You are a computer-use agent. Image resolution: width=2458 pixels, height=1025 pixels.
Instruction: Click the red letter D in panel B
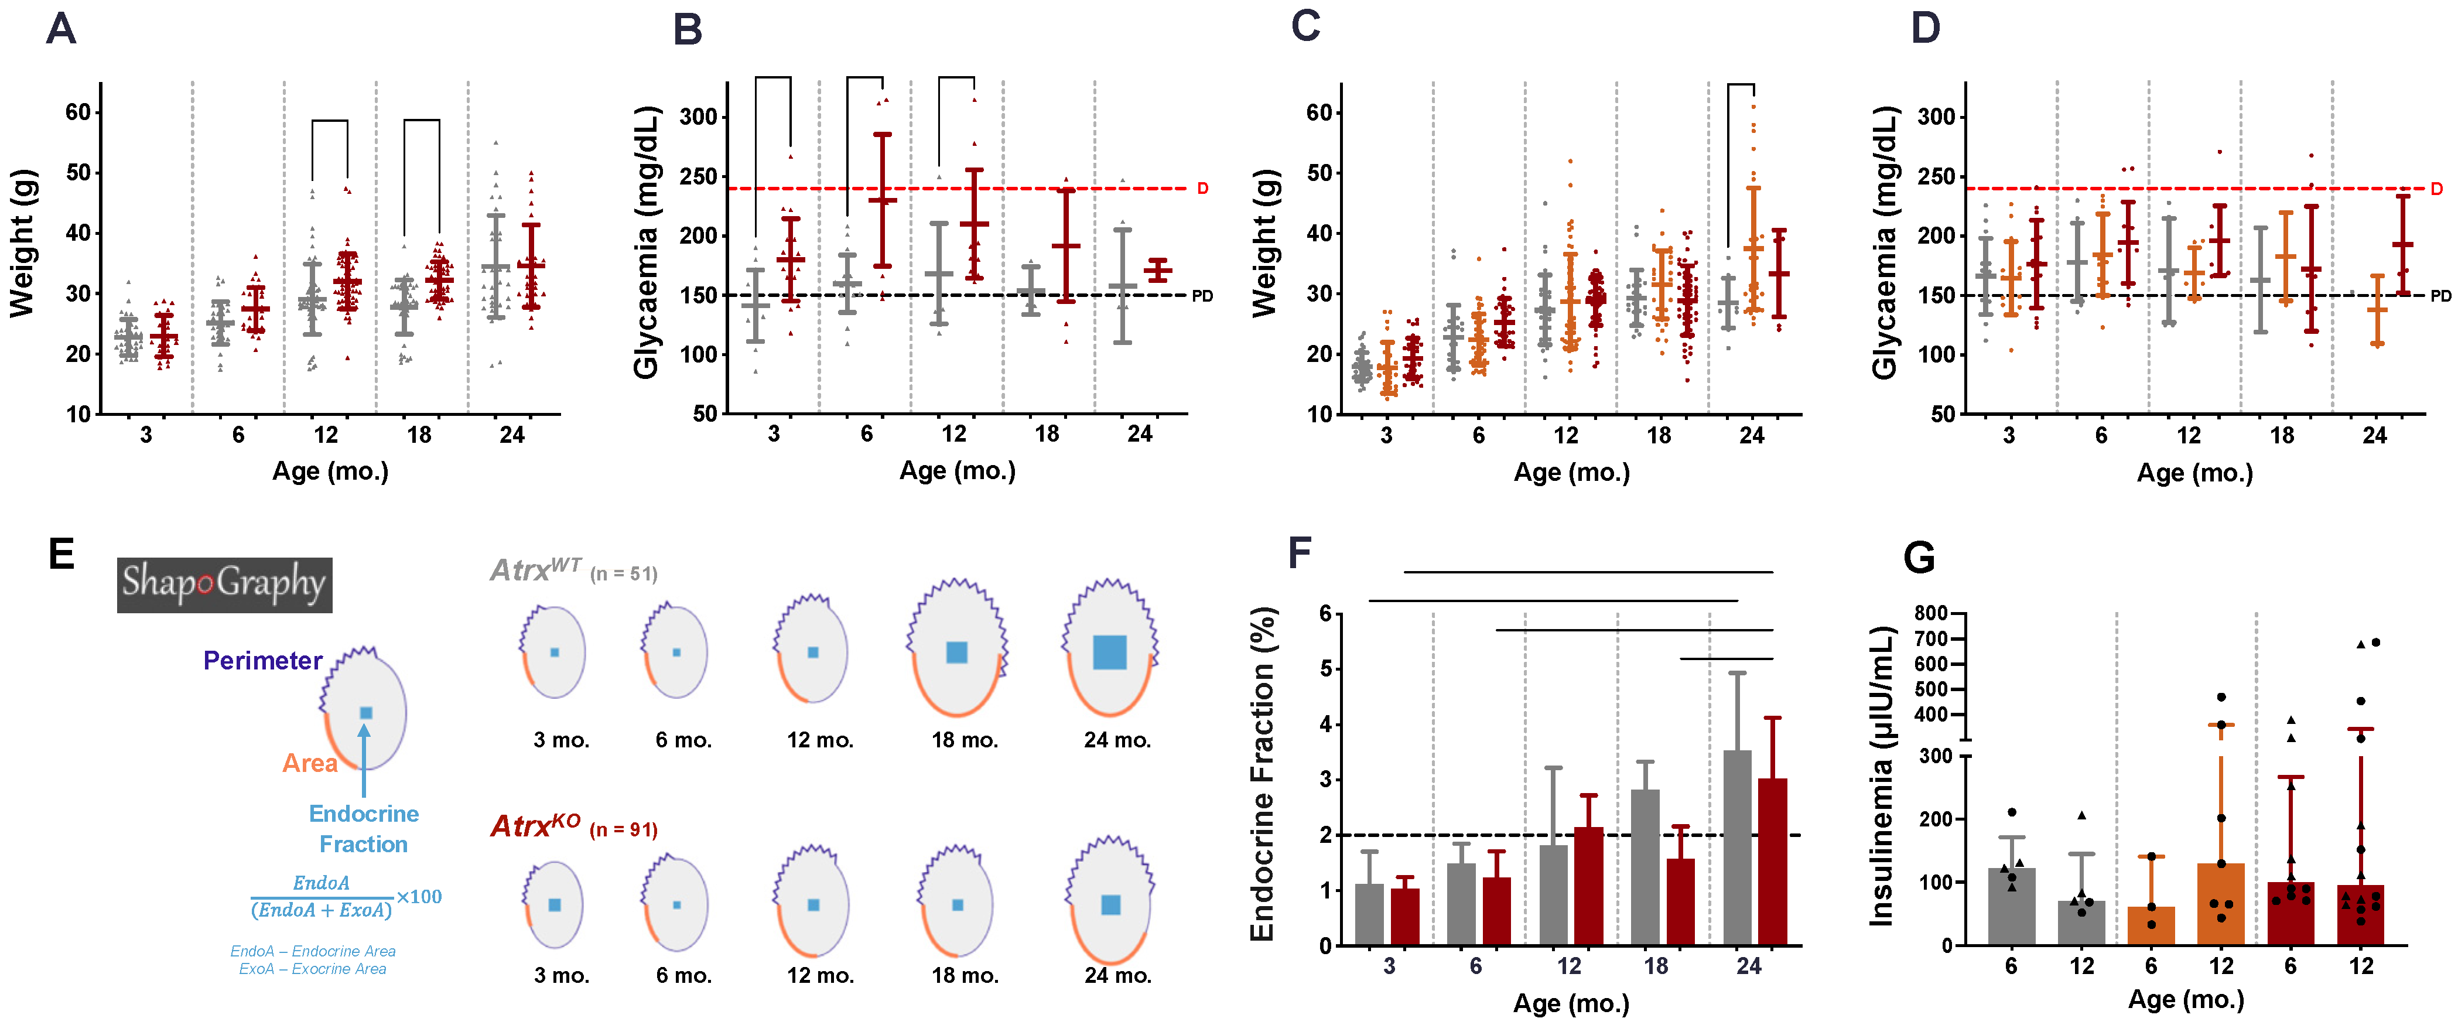[x=1202, y=188]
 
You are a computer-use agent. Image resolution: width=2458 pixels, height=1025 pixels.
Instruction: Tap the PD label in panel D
[x=2440, y=296]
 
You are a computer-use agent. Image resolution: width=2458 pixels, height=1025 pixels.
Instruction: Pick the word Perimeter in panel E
[x=262, y=661]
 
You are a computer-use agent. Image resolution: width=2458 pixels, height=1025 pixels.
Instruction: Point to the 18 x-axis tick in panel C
[x=1659, y=435]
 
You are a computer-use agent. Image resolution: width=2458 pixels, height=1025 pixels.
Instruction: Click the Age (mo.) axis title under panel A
[x=330, y=471]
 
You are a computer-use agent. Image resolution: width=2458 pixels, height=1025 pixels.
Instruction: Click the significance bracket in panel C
[x=1741, y=86]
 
